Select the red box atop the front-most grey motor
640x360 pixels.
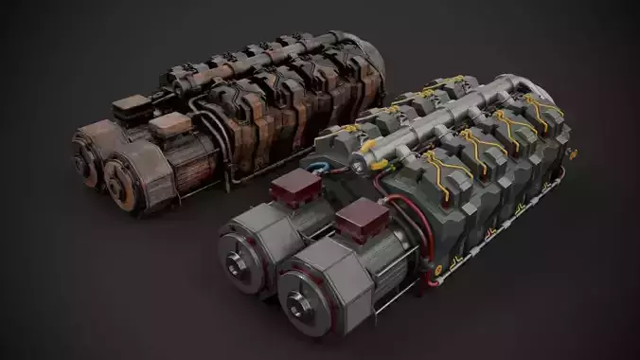click(356, 225)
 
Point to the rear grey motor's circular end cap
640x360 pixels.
click(237, 253)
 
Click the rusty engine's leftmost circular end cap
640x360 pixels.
click(85, 152)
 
